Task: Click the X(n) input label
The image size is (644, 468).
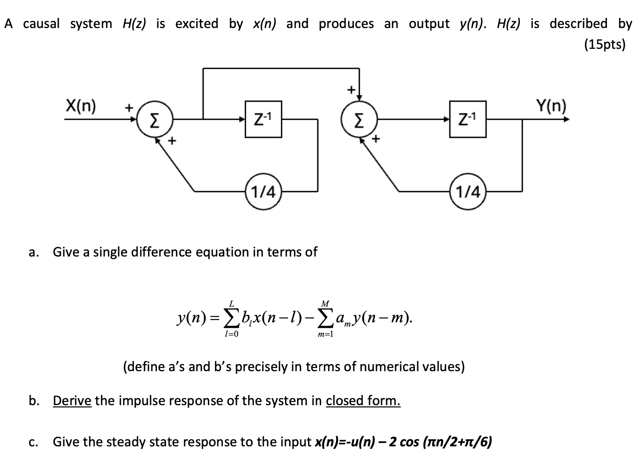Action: point(80,105)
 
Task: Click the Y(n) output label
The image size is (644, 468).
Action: point(551,105)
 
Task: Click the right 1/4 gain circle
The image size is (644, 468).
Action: point(467,192)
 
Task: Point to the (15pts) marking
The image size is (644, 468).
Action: point(605,44)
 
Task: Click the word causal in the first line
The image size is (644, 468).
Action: point(41,24)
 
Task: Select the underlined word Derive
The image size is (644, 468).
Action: point(72,400)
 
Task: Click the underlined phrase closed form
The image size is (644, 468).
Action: point(363,400)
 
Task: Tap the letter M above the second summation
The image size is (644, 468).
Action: point(325,304)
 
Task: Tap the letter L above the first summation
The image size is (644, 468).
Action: point(231,304)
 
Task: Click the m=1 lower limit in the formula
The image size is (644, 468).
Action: point(325,335)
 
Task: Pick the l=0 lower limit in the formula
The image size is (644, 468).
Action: point(231,335)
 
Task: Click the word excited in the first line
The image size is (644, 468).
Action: point(197,24)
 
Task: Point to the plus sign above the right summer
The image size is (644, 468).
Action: point(351,89)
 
